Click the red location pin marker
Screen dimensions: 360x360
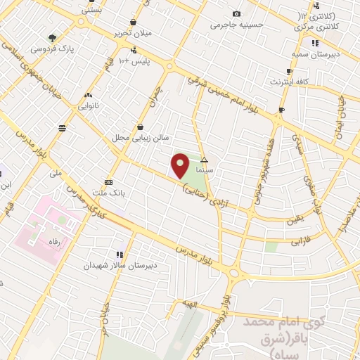pos(181,165)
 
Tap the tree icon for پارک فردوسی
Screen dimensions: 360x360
pos(53,38)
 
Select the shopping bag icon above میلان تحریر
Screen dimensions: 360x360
pos(134,22)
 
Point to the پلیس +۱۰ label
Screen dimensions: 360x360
pos(134,63)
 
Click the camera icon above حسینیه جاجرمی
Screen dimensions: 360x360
pos(236,13)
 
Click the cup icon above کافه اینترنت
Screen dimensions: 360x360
pos(289,72)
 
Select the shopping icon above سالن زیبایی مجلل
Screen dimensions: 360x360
pos(141,127)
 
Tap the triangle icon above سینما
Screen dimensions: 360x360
pos(204,161)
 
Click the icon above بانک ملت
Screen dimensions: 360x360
pos(108,180)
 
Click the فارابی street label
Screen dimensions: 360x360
pos(301,240)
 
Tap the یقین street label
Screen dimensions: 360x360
pos(295,220)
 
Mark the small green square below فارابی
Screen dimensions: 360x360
pos(271,247)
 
